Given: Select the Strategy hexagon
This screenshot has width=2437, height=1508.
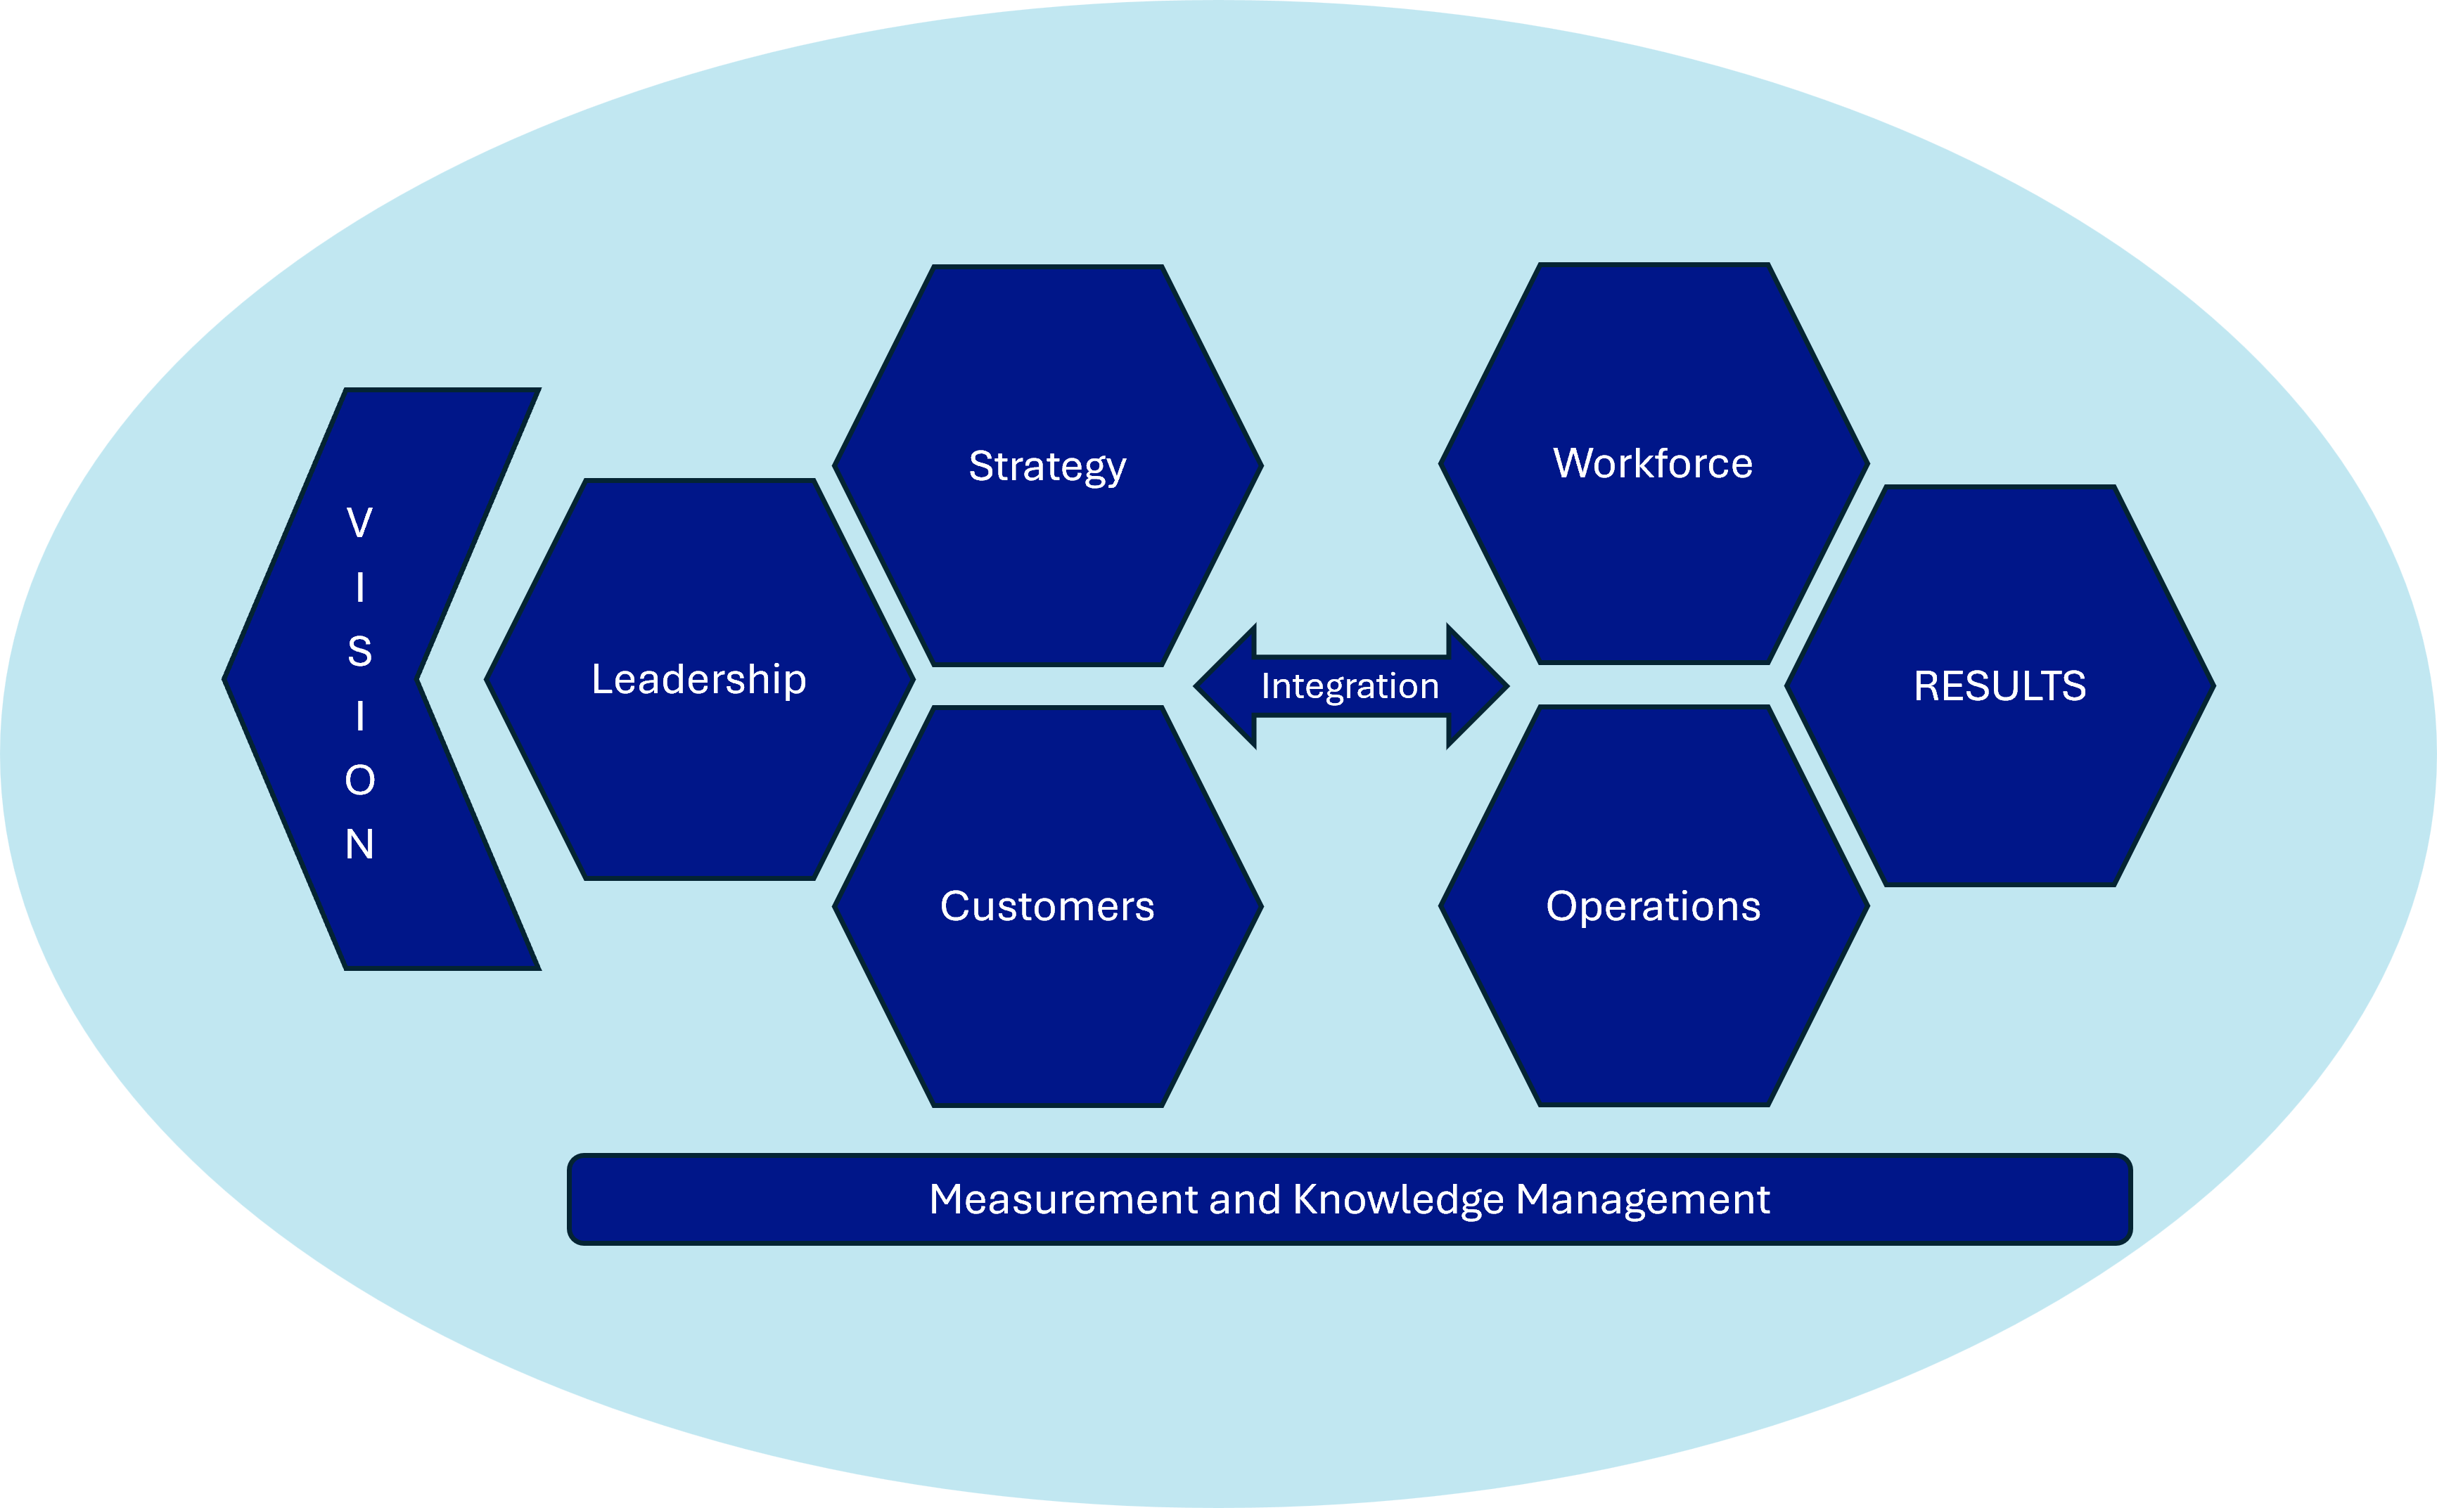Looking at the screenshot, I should tap(1047, 539).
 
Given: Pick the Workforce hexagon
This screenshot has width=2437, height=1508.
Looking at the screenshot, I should tap(1653, 539).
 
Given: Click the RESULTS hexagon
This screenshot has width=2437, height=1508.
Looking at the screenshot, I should tap(1999, 758).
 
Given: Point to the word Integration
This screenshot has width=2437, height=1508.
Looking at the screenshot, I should tap(1350, 686).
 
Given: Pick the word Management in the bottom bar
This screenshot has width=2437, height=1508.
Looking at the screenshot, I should tap(1642, 1199).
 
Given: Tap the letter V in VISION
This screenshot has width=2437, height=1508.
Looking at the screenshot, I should tap(360, 522).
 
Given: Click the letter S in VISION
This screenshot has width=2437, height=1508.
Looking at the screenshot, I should tap(360, 651).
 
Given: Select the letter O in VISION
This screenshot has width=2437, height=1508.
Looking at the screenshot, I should tap(360, 780).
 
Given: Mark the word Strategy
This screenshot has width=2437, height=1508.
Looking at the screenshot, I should tap(1047, 466).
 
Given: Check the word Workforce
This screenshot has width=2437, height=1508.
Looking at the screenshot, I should tap(1653, 463).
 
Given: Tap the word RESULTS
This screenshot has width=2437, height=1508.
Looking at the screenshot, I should tap(1999, 686).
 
